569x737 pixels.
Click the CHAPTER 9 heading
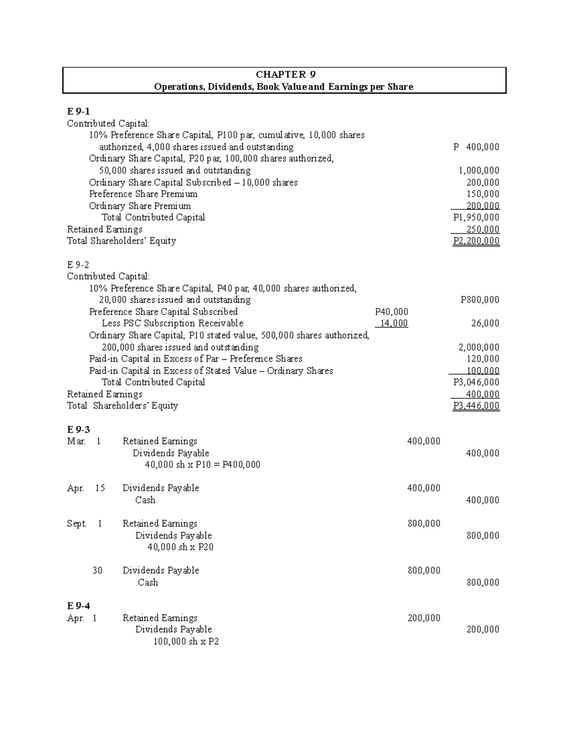tap(285, 75)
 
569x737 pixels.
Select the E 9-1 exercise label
tap(78, 112)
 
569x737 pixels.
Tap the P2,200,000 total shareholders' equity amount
tap(476, 241)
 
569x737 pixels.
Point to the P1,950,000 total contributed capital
tap(476, 217)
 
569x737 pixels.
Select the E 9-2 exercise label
tap(78, 265)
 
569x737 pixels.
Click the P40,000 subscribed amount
tap(391, 312)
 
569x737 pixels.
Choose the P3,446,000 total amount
tap(476, 406)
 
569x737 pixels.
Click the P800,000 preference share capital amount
tap(480, 300)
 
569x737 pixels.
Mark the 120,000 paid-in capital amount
tap(483, 359)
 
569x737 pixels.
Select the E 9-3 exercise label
tap(78, 429)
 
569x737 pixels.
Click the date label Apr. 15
tap(86, 488)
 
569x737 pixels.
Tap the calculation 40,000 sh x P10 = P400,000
tap(202, 465)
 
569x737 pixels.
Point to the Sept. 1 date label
tap(84, 524)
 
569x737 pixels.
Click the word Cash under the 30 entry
tap(147, 582)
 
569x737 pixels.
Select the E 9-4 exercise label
tap(78, 606)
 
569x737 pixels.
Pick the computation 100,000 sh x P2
tap(186, 642)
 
